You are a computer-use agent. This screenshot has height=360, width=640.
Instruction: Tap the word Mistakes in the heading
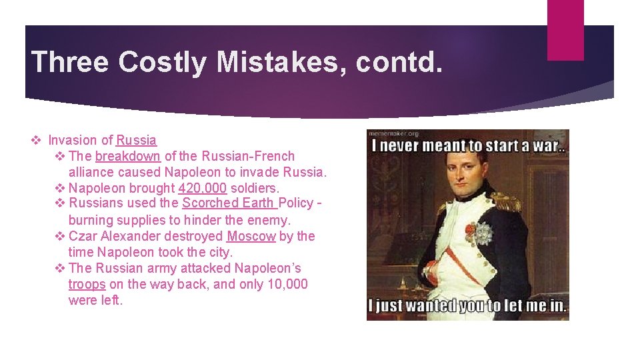click(x=283, y=62)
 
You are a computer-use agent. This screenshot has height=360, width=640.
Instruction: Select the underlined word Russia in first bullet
click(x=137, y=140)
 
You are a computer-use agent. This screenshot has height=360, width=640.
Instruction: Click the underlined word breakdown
click(x=128, y=156)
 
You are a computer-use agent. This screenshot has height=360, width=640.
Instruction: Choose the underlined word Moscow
click(x=251, y=236)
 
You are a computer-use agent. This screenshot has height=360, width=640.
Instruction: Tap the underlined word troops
click(x=87, y=284)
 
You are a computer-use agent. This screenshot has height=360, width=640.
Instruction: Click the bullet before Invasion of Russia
click(x=37, y=140)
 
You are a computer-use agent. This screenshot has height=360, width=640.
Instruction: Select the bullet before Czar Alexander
click(x=59, y=236)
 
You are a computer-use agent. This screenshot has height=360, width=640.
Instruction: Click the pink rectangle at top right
click(x=565, y=30)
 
